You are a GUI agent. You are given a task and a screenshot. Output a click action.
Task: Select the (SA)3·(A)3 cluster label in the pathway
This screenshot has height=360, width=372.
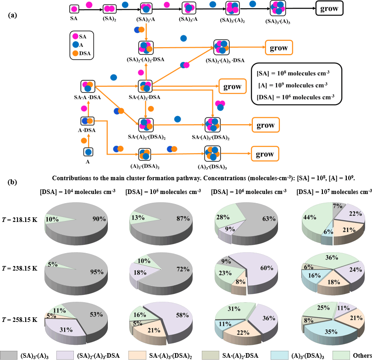[x=277, y=21]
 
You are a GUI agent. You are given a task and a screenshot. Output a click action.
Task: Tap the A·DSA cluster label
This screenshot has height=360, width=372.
[x=87, y=130]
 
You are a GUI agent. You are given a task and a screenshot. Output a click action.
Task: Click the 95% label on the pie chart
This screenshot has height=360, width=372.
[x=96, y=272]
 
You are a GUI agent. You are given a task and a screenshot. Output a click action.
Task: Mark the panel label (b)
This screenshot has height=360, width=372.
[x=13, y=182]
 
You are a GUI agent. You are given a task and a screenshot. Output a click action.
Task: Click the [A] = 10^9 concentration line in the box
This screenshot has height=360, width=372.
[x=293, y=84]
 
